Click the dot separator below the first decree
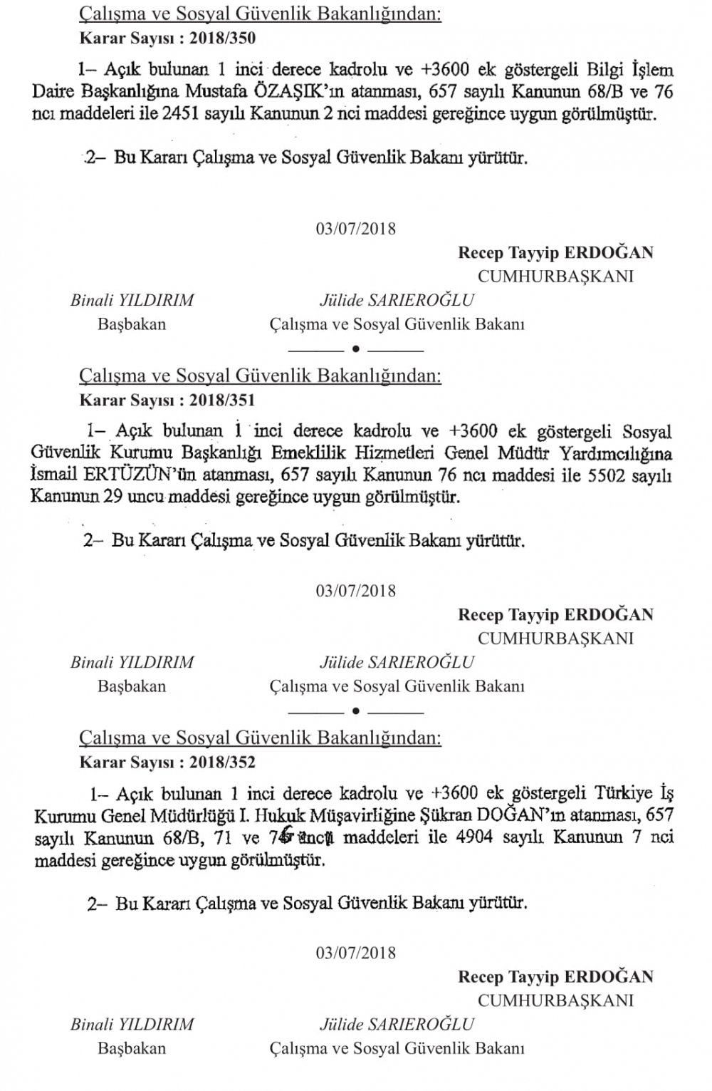pos(356,350)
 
